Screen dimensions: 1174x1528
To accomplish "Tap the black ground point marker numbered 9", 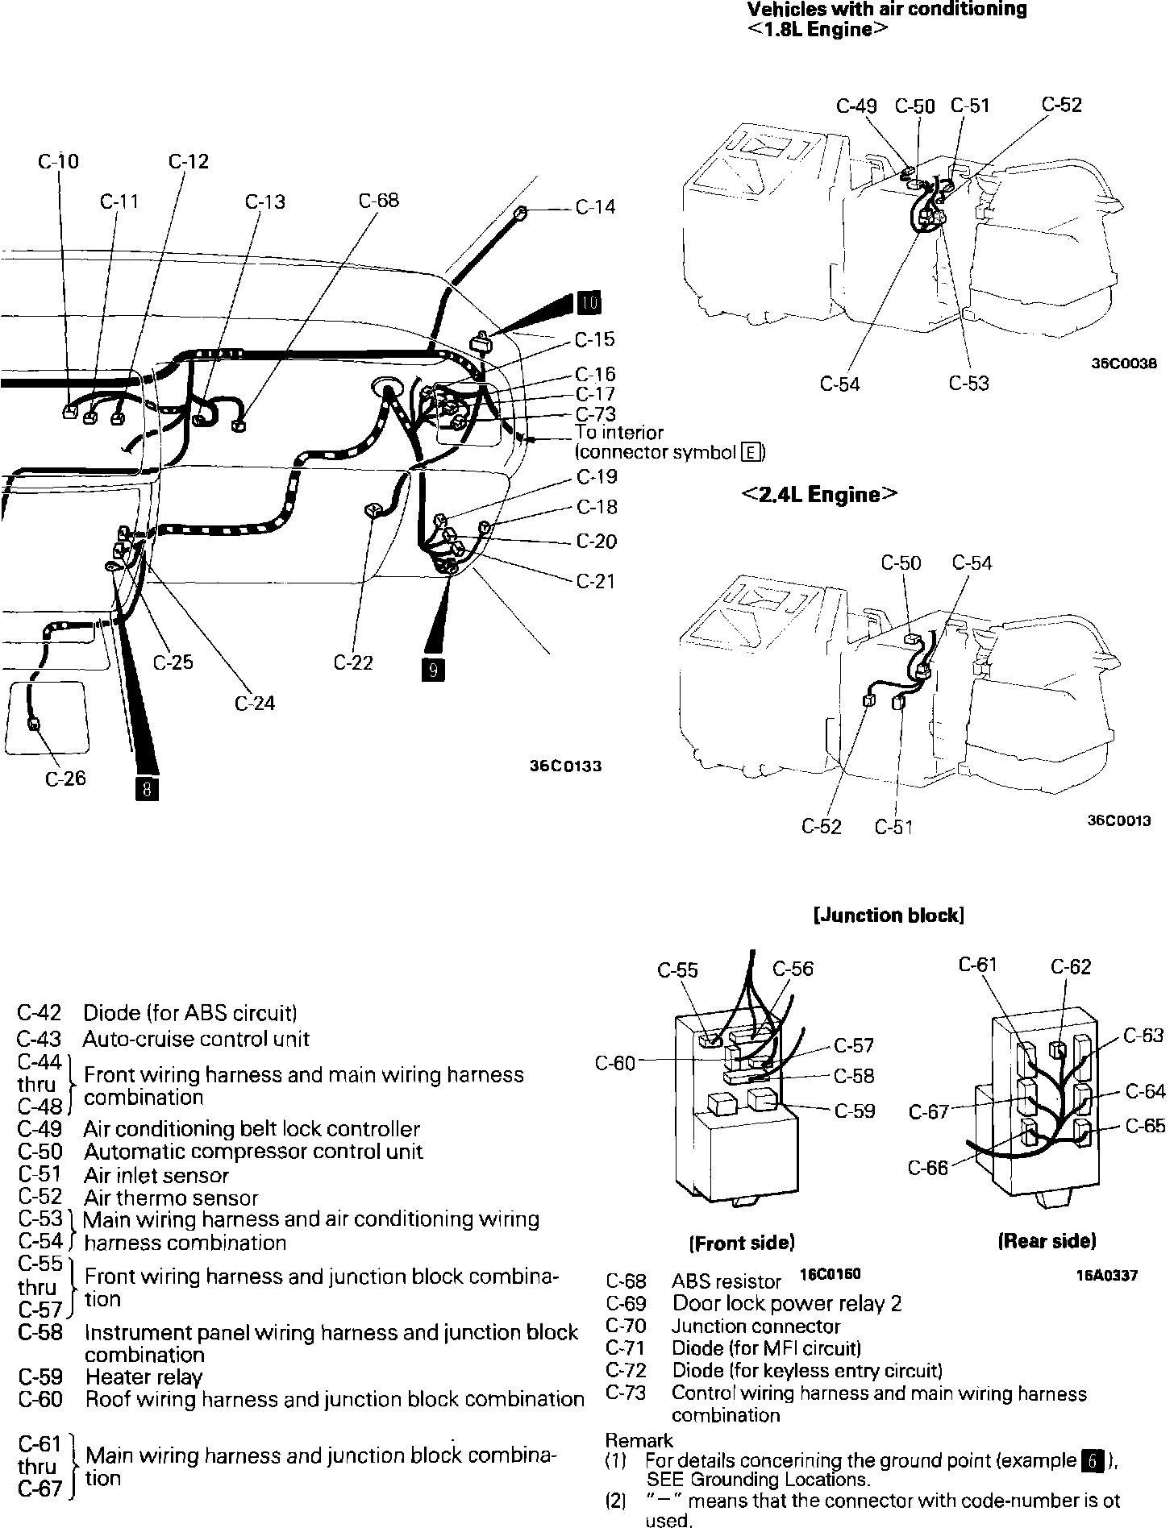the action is pos(434,670).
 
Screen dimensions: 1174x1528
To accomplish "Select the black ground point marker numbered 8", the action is pos(147,788).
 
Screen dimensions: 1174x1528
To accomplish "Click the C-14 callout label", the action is pos(595,207).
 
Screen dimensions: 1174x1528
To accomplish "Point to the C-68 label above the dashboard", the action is pos(379,200).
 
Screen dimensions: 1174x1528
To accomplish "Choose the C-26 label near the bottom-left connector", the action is pos(65,779).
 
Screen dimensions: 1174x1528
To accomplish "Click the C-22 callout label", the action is pos(353,662).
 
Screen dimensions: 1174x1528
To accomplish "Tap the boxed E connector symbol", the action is pos(751,452).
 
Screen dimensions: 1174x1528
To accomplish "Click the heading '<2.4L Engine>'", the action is pos(819,494).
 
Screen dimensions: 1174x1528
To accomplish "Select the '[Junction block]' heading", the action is pos(889,916).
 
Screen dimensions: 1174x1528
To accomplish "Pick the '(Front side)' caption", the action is pos(742,1242).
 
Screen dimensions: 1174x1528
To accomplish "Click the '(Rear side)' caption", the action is pos(1047,1240).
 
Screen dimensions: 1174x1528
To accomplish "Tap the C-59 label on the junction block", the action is pos(855,1111).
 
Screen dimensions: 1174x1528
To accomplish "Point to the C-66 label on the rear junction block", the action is pos(928,1167).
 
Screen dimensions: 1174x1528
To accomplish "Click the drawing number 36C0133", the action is pos(565,766).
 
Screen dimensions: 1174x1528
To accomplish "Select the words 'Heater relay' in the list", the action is pos(144,1376).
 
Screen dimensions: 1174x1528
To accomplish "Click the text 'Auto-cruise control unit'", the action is pos(196,1039).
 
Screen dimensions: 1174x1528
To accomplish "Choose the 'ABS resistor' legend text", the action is pos(726,1281).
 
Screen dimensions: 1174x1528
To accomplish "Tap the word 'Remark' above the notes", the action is pos(639,1440).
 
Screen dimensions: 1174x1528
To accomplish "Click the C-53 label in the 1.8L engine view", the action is pos(968,384).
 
